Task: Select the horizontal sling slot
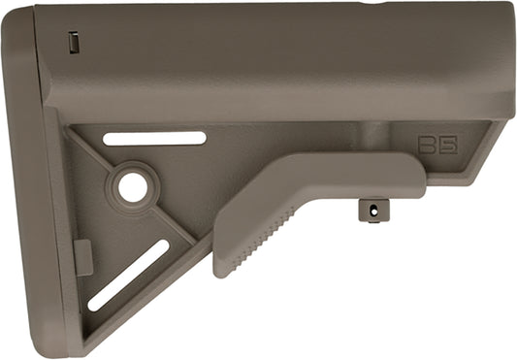pos(154,139)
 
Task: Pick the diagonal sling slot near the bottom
pos(128,276)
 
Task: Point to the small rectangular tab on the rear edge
pos(83,257)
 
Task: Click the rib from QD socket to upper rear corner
pos(102,155)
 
